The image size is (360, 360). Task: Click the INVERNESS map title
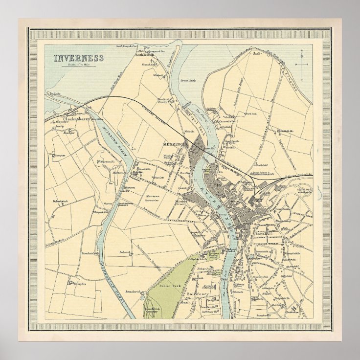[x=79, y=58]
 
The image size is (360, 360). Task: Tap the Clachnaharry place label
[x=78, y=118]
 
